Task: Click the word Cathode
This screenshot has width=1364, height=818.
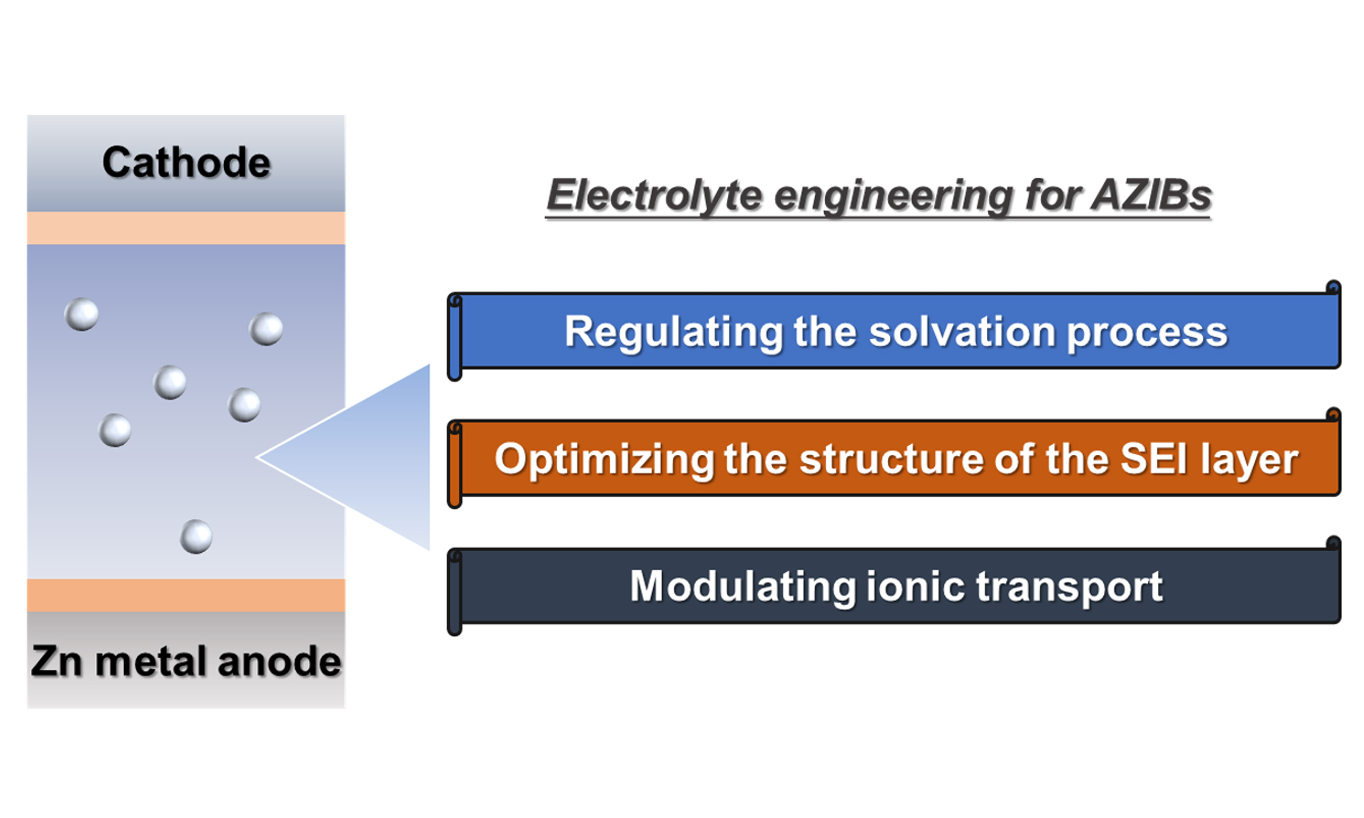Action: pos(186,162)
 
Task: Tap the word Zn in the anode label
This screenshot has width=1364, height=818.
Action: pos(56,661)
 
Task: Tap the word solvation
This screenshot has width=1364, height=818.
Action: pos(962,332)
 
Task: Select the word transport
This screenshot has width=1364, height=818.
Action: pos(1069,587)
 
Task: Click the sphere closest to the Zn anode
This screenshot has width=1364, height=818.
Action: pos(196,536)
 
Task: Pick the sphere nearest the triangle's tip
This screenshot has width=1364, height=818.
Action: pos(244,405)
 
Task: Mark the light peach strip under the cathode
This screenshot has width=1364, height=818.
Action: pos(186,227)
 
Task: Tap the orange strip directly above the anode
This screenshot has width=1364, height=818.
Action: pos(186,595)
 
